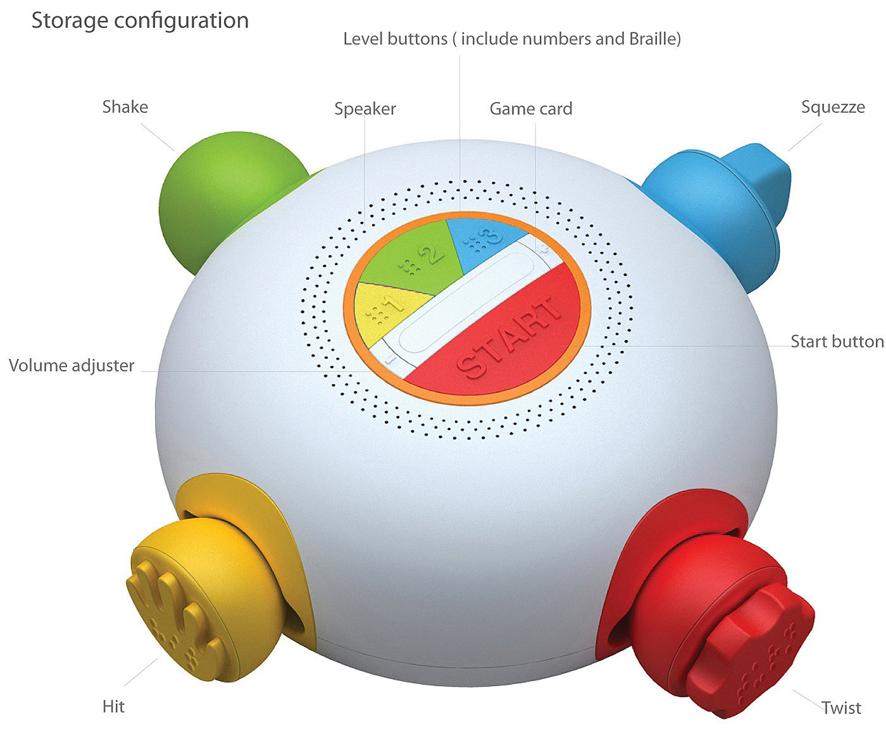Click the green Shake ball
tap(221, 196)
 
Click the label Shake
tap(125, 107)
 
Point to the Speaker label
tap(365, 109)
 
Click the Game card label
tap(531, 109)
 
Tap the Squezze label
tap(833, 107)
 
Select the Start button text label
tap(837, 342)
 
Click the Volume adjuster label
tap(72, 366)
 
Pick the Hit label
tap(114, 706)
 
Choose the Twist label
tap(841, 708)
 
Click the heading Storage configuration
tap(140, 21)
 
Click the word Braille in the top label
tap(652, 39)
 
